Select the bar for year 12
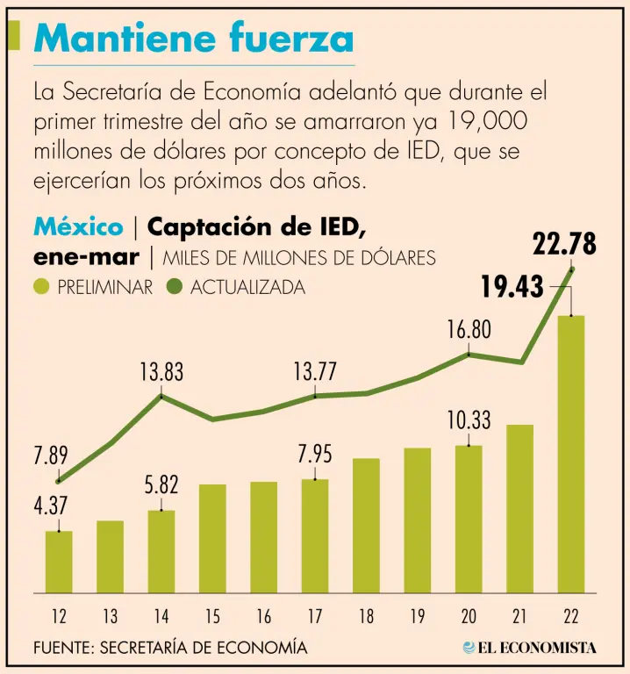tap(59, 562)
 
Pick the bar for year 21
tap(519, 508)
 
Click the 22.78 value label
tap(565, 244)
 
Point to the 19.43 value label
tap(513, 286)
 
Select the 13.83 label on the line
tap(161, 372)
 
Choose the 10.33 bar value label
tap(469, 420)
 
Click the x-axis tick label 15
tap(212, 617)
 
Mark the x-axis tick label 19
tap(418, 617)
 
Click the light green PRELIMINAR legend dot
tap(42, 287)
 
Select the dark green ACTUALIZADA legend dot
tap(173, 287)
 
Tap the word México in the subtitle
tap(78, 227)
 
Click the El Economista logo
tap(530, 648)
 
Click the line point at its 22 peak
tap(572, 269)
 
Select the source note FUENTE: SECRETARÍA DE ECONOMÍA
tap(170, 648)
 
